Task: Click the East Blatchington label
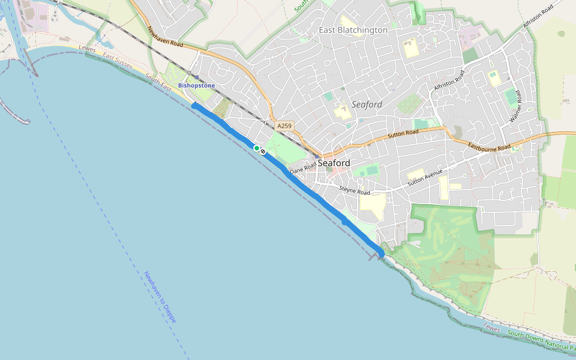tap(353, 30)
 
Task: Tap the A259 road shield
tap(284, 126)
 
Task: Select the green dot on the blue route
tap(256, 148)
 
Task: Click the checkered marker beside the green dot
tap(263, 151)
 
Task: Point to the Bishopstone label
tap(196, 86)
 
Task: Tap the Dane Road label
tap(303, 168)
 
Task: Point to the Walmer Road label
tap(517, 107)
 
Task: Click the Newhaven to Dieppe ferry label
tap(160, 297)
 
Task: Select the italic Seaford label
tap(367, 104)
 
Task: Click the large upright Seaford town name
tap(334, 163)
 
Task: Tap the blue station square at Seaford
tap(317, 156)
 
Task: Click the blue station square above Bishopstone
tap(196, 77)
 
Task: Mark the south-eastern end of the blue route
tap(381, 254)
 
